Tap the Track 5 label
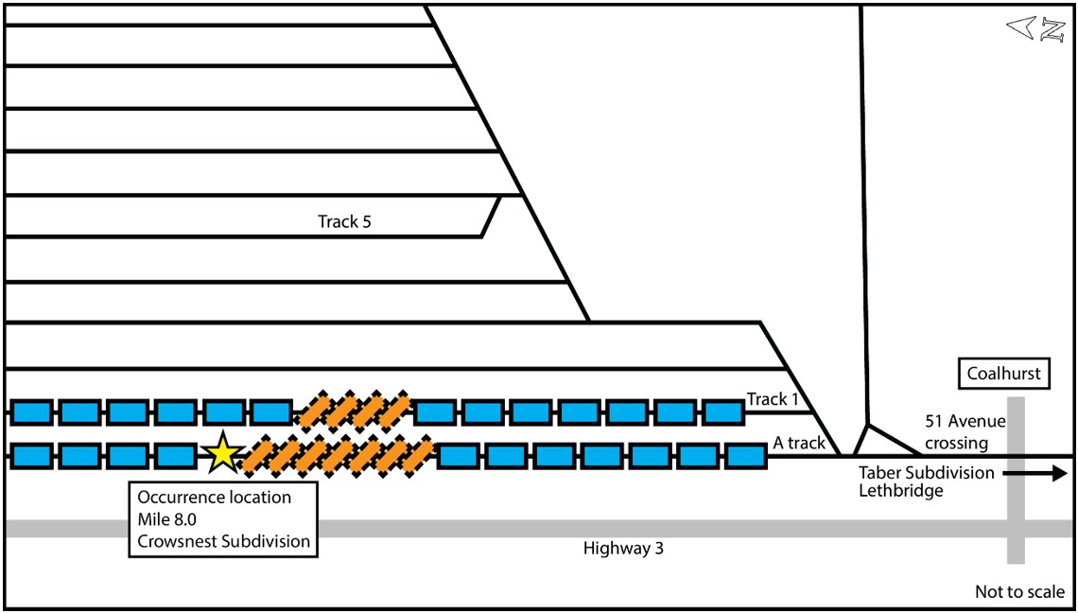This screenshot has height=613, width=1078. (x=344, y=222)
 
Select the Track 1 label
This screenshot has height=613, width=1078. (x=773, y=399)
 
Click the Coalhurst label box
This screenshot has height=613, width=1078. (x=1003, y=374)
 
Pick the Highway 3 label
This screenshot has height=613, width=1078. (x=623, y=548)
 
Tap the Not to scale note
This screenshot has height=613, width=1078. (x=1019, y=592)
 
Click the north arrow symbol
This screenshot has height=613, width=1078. (x=1036, y=28)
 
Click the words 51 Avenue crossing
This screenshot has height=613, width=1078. (x=965, y=432)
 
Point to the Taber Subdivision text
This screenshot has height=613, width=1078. (x=926, y=472)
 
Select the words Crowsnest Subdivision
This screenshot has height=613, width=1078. (x=224, y=541)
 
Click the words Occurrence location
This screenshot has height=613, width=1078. (x=215, y=497)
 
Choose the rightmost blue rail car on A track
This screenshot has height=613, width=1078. (x=744, y=455)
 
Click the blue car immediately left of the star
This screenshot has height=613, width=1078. (x=175, y=455)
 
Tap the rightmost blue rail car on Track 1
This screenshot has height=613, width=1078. (x=723, y=412)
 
